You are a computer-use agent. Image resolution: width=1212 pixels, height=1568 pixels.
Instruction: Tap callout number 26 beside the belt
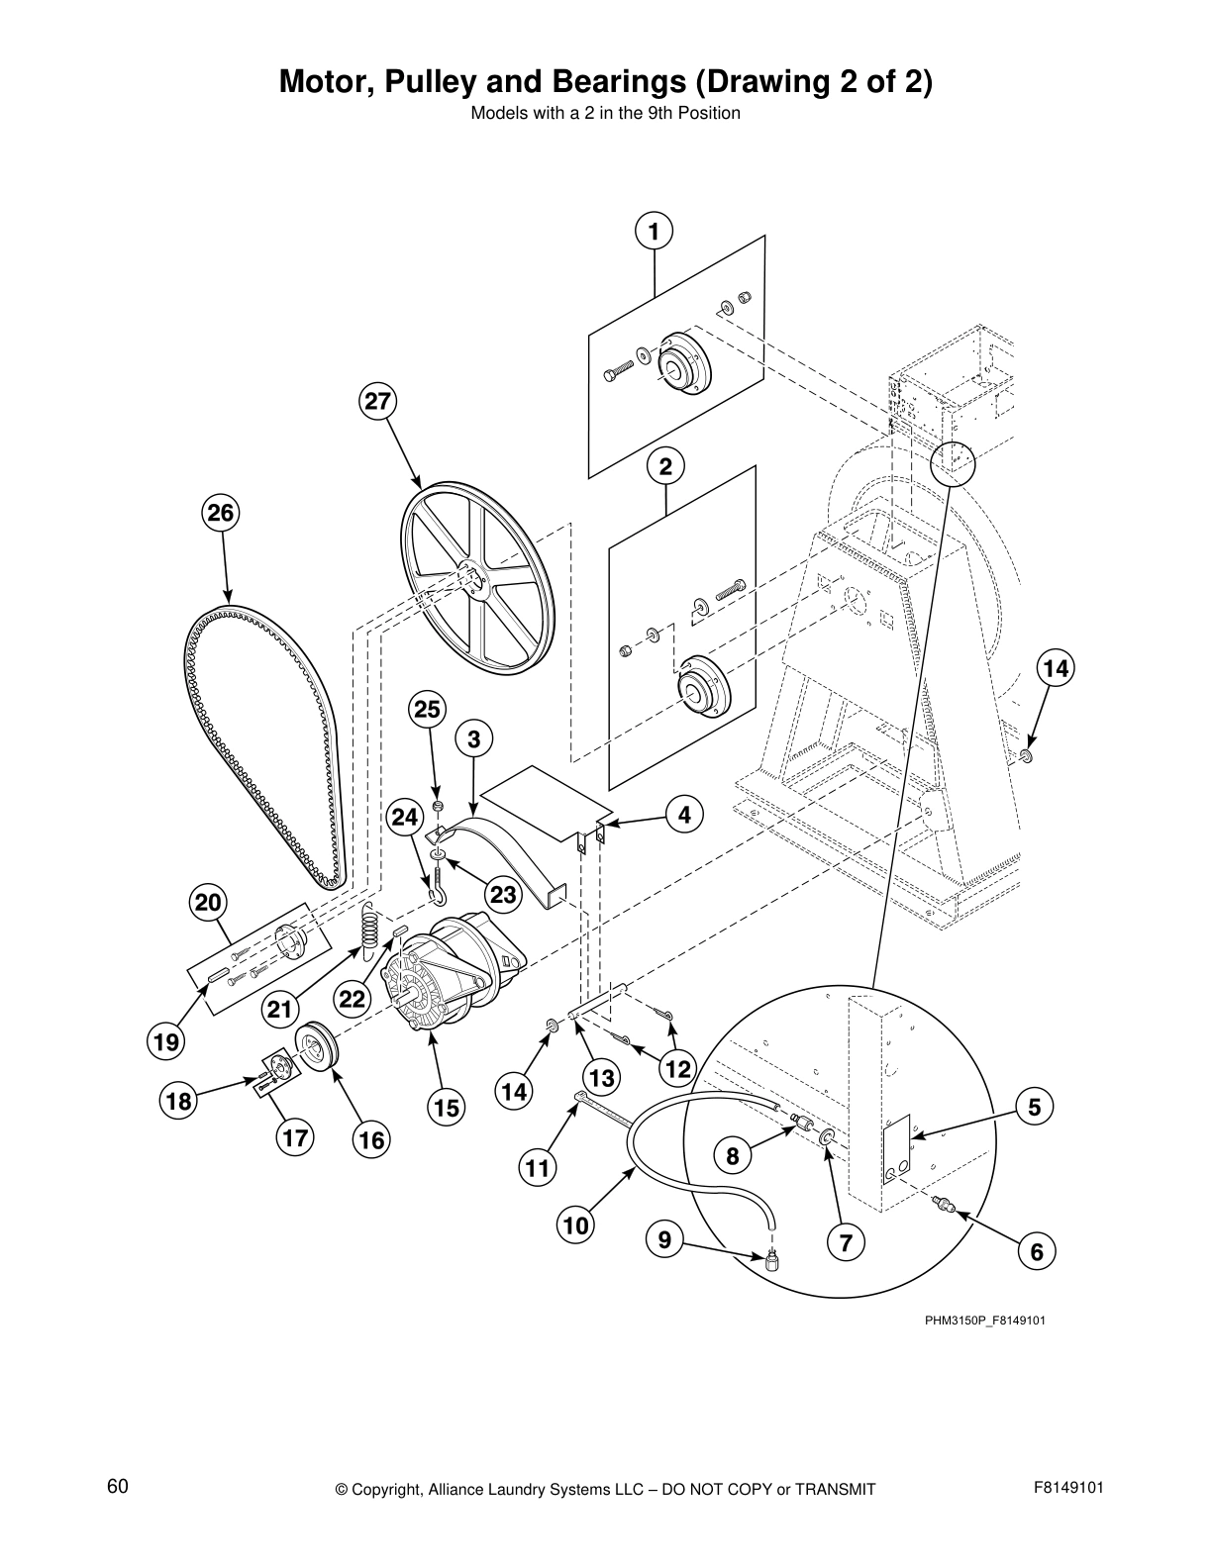click(x=221, y=513)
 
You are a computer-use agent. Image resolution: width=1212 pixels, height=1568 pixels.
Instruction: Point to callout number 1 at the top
click(x=654, y=232)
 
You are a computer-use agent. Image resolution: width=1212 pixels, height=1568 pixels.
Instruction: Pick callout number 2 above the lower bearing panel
click(x=665, y=466)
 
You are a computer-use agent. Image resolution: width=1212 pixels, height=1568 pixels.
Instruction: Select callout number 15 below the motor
click(x=447, y=1108)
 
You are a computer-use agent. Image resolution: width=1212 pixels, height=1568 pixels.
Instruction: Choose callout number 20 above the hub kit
click(x=208, y=903)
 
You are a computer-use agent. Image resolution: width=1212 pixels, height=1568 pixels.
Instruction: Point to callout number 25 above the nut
click(x=427, y=710)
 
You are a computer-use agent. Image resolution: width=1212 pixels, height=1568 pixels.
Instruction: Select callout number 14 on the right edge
click(x=1056, y=668)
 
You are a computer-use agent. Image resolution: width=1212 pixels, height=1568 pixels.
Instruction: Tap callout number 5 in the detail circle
click(x=1035, y=1107)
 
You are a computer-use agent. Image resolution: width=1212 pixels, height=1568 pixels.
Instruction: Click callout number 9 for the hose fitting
click(x=664, y=1238)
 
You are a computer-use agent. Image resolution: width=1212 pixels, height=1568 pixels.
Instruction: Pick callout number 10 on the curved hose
click(x=575, y=1225)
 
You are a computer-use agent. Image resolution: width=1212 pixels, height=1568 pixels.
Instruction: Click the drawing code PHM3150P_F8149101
click(x=985, y=1321)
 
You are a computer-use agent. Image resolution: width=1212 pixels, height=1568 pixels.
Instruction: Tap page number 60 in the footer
click(x=118, y=1487)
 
